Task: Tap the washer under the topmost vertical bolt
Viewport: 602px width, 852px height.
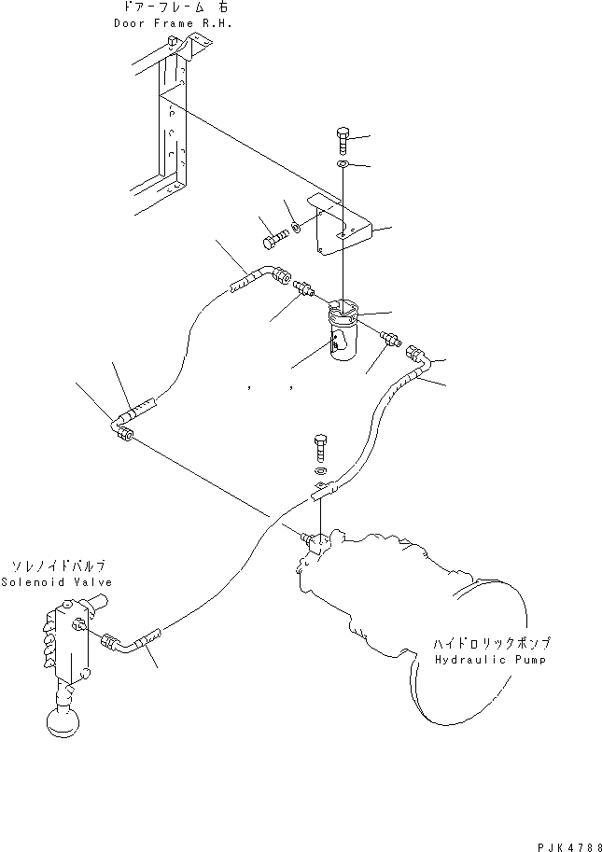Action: pos(343,166)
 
